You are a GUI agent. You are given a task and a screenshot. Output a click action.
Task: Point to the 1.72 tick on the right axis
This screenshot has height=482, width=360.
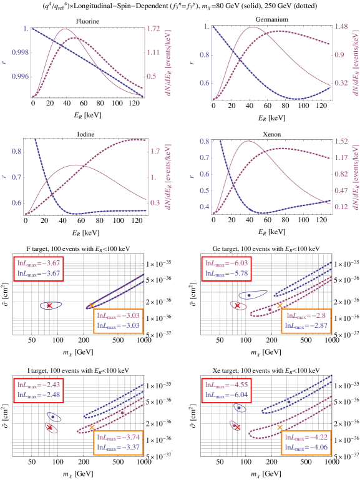(153, 29)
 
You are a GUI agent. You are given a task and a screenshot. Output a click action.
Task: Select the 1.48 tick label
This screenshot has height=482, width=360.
(340, 27)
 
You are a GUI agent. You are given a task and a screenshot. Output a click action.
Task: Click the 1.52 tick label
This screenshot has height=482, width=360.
(340, 142)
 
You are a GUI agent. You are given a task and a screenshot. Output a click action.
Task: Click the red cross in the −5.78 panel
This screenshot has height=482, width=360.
(237, 305)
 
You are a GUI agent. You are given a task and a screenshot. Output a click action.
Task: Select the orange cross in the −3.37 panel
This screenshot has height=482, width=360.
(92, 427)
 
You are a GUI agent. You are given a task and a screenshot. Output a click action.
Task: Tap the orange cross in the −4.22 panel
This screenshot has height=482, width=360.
(280, 427)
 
